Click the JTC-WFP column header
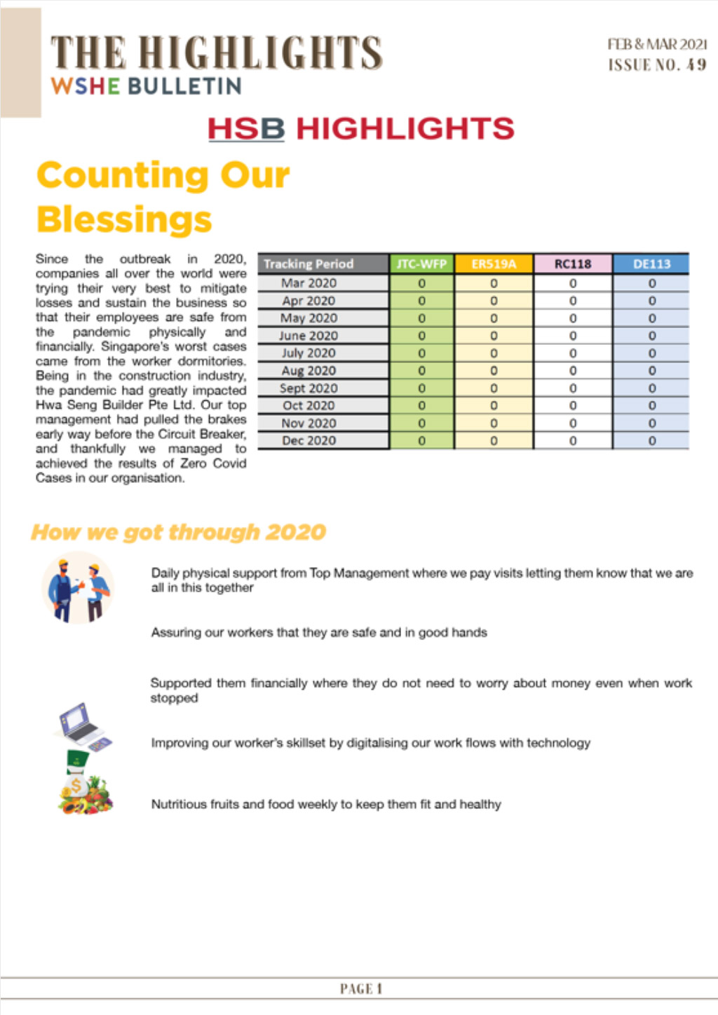(x=421, y=264)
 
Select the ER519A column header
(x=494, y=264)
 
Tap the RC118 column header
(x=573, y=264)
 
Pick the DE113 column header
(x=651, y=264)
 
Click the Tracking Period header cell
(x=309, y=264)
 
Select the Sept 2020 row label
(x=309, y=388)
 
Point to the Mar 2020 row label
(x=309, y=283)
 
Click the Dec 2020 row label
(x=309, y=441)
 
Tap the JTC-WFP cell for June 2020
(x=421, y=336)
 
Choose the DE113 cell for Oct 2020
(x=651, y=406)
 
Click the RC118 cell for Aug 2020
(x=573, y=371)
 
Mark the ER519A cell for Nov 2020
(x=494, y=423)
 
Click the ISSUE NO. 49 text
(x=657, y=65)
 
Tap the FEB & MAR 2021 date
(x=657, y=44)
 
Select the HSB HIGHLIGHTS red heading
(x=360, y=129)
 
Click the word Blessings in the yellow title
(x=124, y=219)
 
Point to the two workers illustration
(x=78, y=587)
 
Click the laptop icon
(x=81, y=726)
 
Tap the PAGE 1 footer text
(x=360, y=989)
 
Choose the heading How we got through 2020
(x=178, y=532)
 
